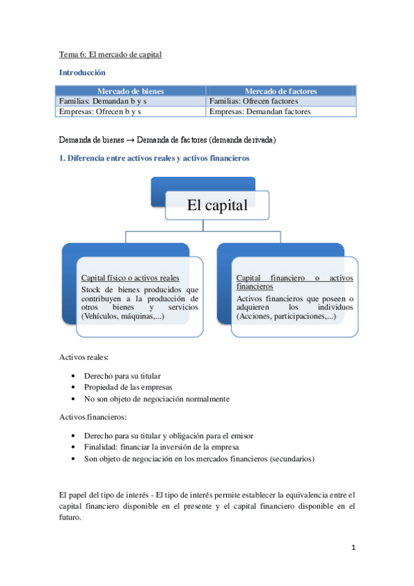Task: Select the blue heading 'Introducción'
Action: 82,72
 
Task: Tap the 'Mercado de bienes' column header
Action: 131,91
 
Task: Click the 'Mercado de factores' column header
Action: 281,91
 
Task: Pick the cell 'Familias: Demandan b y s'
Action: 103,101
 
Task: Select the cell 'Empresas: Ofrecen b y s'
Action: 100,111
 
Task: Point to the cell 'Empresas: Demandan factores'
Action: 260,111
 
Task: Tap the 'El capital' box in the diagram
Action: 217,205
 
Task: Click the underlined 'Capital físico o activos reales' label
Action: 131,278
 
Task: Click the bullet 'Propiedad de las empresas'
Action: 128,387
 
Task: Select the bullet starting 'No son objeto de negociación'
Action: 156,399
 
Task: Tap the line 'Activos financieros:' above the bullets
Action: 93,417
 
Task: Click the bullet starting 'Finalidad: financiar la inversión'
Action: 158,446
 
